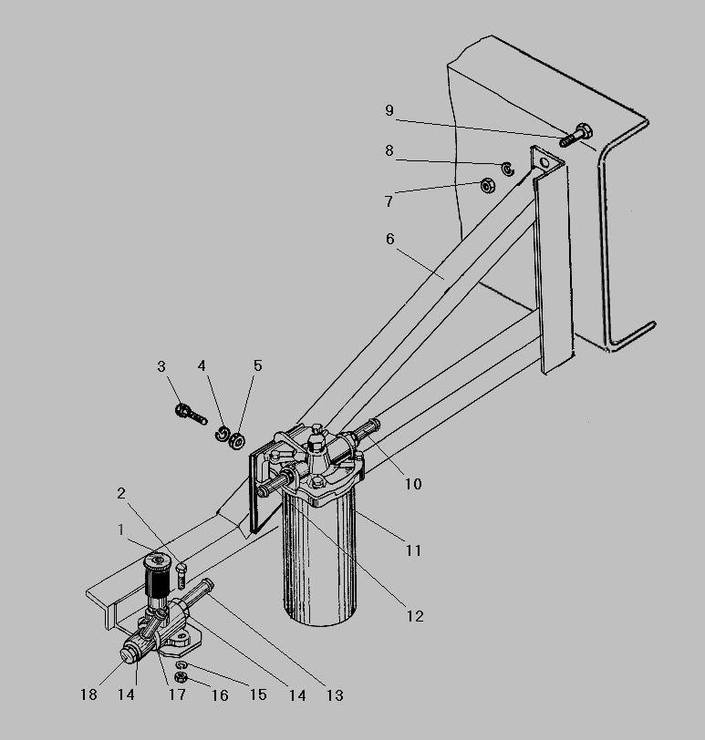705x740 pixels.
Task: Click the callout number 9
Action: pyautogui.click(x=389, y=110)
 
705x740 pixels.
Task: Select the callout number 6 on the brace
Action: pyautogui.click(x=390, y=240)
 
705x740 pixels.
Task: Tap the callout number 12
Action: pyautogui.click(x=415, y=616)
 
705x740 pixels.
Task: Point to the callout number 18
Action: pyautogui.click(x=88, y=694)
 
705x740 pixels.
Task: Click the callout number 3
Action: pyautogui.click(x=161, y=366)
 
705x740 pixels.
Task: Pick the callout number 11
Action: pyautogui.click(x=414, y=550)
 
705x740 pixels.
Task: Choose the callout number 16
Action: pyautogui.click(x=220, y=695)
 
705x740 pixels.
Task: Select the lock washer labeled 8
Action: pyautogui.click(x=508, y=169)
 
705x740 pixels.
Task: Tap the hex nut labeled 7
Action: pyautogui.click(x=487, y=186)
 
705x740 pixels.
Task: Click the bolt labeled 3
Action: pyautogui.click(x=191, y=415)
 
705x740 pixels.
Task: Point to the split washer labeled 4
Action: pyautogui.click(x=223, y=434)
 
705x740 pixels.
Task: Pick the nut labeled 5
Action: pyautogui.click(x=236, y=441)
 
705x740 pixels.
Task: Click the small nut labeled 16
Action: pyautogui.click(x=180, y=678)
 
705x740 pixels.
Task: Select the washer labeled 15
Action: pyautogui.click(x=181, y=665)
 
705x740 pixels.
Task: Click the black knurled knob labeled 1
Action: pyautogui.click(x=157, y=574)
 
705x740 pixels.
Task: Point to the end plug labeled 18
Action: pyautogui.click(x=127, y=655)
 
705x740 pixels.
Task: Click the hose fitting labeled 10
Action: pyautogui.click(x=365, y=431)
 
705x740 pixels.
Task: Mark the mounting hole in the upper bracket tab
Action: pyautogui.click(x=544, y=162)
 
